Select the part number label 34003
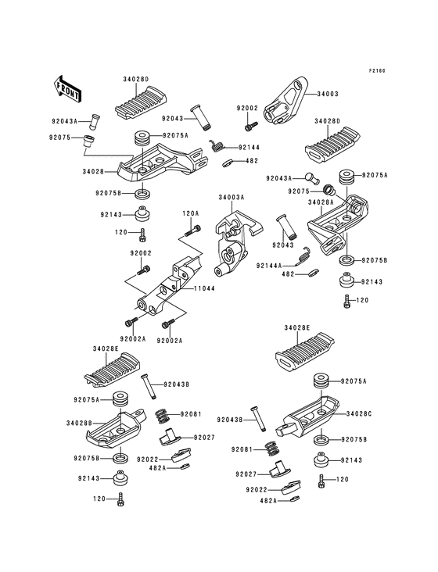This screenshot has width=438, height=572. (x=327, y=93)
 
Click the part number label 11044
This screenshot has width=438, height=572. (x=204, y=288)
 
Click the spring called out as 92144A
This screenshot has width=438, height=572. (x=308, y=252)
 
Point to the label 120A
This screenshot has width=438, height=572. (x=190, y=213)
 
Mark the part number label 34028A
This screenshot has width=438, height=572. (x=321, y=201)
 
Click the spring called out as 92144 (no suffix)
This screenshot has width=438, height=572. (x=218, y=144)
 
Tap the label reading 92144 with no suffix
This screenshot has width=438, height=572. (x=250, y=146)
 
